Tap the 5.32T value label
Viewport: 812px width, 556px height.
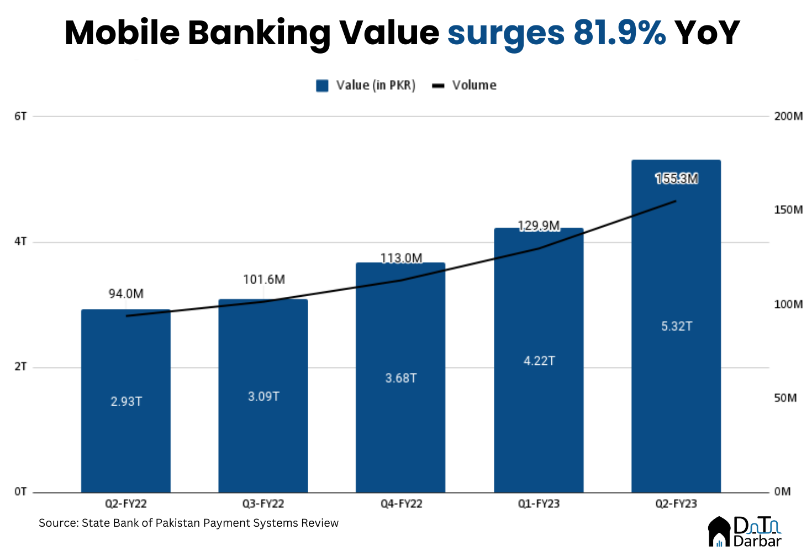(x=677, y=327)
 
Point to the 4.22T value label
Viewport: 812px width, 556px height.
(x=539, y=361)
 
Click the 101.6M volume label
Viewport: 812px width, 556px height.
(x=264, y=280)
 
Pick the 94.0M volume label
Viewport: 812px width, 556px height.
(x=126, y=293)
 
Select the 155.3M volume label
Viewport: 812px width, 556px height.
(x=677, y=179)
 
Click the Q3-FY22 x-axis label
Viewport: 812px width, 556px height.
(x=263, y=504)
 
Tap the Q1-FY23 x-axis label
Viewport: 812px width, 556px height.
(x=539, y=504)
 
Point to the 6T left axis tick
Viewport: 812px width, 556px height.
(x=20, y=117)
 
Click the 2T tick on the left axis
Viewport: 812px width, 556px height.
(x=20, y=367)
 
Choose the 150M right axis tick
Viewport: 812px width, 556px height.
(x=788, y=210)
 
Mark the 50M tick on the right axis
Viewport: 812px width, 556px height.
(x=785, y=398)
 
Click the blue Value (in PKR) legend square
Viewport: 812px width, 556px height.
(x=322, y=86)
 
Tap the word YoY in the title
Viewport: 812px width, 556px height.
(x=707, y=33)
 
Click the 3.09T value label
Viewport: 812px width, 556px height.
(x=263, y=396)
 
